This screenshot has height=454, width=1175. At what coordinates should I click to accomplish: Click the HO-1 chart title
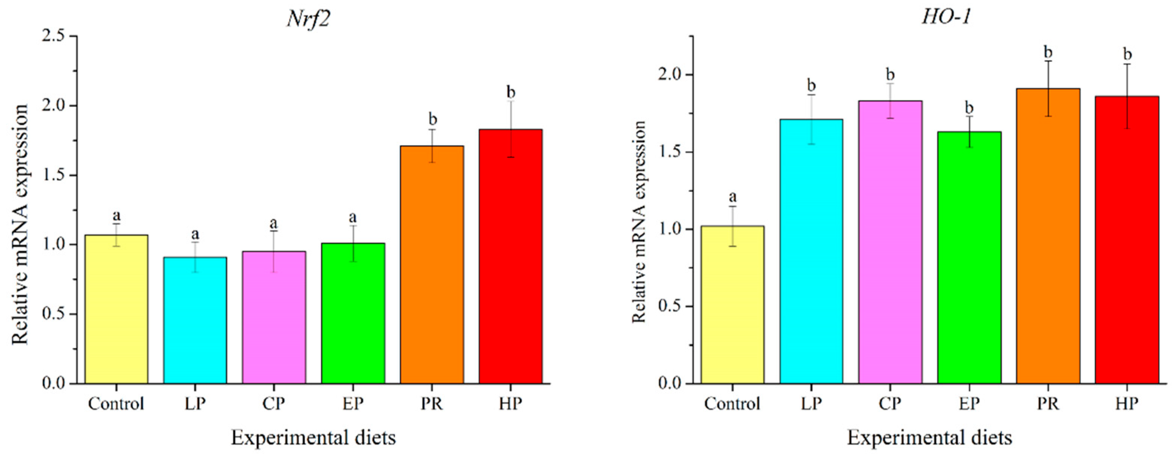[x=945, y=17]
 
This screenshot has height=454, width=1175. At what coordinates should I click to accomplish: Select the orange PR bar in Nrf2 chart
[x=431, y=265]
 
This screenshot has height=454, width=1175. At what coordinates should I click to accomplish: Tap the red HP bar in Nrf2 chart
[x=510, y=255]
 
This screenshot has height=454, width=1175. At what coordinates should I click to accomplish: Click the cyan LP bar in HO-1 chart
[x=811, y=251]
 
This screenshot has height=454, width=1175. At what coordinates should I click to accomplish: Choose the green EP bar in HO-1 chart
[x=969, y=258]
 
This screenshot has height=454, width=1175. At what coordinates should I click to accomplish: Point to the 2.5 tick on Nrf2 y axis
[x=53, y=36]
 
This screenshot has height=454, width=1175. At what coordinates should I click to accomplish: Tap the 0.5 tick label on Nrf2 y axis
[x=53, y=314]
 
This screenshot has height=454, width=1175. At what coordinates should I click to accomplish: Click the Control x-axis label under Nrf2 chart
[x=116, y=404]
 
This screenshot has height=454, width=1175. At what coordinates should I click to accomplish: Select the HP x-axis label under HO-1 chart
[x=1127, y=404]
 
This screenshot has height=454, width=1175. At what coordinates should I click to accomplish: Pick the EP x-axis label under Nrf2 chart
[x=353, y=404]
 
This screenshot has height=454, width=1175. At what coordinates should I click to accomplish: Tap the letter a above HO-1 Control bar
[x=733, y=197]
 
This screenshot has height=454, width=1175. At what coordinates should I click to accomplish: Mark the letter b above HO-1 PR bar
[x=1048, y=53]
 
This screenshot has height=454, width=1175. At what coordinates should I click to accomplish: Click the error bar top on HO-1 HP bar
[x=1127, y=64]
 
